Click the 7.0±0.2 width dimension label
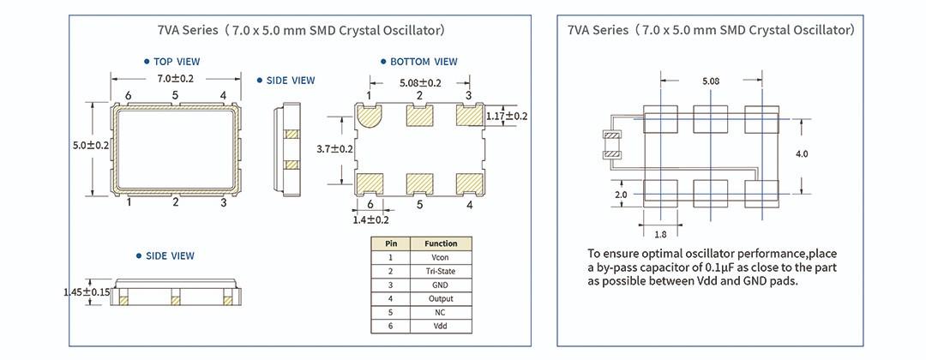click(176, 79)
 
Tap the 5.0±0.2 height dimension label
click(90, 146)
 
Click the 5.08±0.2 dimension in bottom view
click(420, 83)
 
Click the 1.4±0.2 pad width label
click(370, 219)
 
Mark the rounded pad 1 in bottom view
click(370, 117)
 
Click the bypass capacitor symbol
click(612, 146)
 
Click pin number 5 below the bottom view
click(420, 205)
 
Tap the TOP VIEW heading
click(177, 62)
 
